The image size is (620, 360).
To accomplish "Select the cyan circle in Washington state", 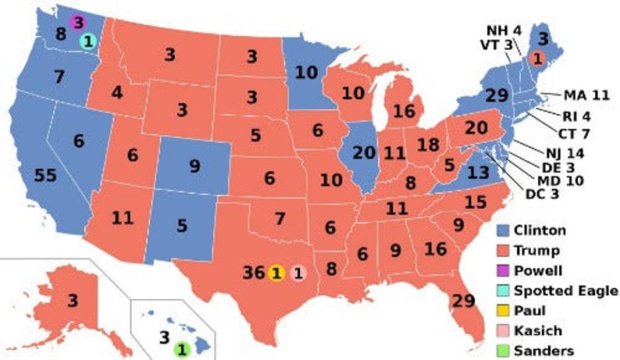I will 87,41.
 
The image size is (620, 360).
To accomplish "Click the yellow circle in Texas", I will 275,273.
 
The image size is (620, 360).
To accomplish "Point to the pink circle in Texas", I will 297,273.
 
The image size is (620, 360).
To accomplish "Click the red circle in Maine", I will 537,57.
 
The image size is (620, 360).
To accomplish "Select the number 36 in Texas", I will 254,273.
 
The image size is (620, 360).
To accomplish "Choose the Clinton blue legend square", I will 504,230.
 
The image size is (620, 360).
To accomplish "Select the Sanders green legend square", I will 504,351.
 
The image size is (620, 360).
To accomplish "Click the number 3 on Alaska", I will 72,301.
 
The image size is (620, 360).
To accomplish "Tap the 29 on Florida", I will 463,301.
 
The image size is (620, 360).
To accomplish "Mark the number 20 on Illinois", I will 363,153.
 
